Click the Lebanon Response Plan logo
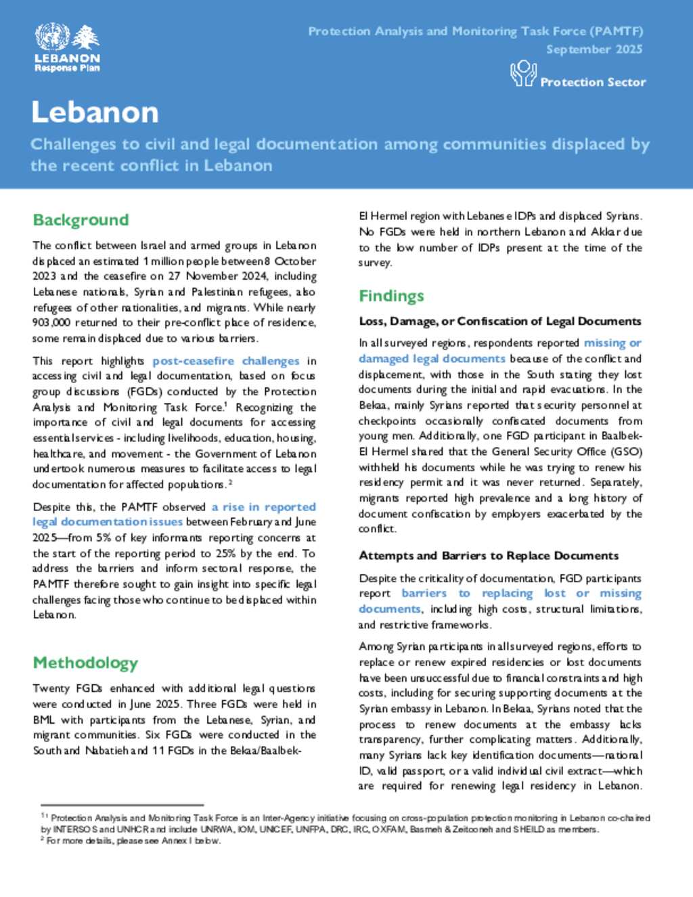pos(67,47)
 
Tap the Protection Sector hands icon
pos(523,73)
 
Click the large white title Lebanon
pos(95,112)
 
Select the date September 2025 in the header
pos(594,49)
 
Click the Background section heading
pos(81,220)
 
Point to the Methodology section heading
pos(85,663)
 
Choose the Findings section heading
pos(391,296)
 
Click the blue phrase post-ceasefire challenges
pos(225,361)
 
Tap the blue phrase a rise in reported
pos(263,506)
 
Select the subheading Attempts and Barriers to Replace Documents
pos(489,556)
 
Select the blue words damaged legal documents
pos(432,359)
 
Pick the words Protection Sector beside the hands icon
pos(593,82)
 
